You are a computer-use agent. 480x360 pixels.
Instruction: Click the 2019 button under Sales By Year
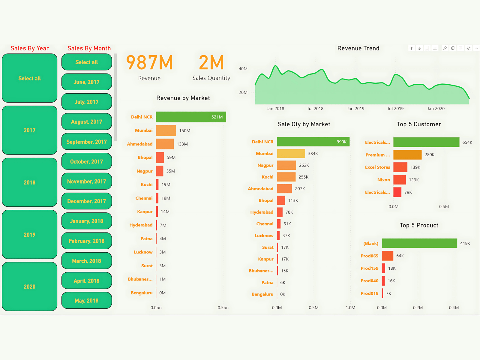tap(29, 234)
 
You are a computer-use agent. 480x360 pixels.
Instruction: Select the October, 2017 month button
tap(86, 161)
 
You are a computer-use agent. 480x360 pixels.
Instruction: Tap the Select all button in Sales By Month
tap(86, 62)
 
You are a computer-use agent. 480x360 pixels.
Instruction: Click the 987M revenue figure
tap(149, 63)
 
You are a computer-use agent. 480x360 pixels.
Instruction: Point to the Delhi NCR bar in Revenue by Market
tap(190, 117)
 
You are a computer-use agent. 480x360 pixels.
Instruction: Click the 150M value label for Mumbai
tap(184, 130)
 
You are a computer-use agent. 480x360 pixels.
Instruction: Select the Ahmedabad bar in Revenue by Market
tap(165, 144)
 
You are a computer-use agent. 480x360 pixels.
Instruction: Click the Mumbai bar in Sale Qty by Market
tap(291, 153)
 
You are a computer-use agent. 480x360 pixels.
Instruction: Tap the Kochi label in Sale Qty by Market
tap(267, 177)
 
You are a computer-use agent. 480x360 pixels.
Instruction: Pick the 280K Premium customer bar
tap(407, 154)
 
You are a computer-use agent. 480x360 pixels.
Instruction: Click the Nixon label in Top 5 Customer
tap(383, 180)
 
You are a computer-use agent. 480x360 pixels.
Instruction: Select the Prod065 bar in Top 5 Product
tap(387, 256)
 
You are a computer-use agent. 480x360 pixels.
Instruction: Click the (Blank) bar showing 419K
tap(419, 243)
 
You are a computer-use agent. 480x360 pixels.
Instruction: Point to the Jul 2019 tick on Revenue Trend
tap(395, 109)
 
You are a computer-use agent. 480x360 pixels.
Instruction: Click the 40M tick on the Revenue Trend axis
tap(243, 69)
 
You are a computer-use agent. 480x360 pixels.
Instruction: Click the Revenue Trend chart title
tap(358, 48)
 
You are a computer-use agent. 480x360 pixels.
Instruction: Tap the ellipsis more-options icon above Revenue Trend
tap(476, 48)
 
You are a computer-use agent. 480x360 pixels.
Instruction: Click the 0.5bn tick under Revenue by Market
tap(223, 307)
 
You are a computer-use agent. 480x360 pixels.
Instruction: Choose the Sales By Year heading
tap(30, 48)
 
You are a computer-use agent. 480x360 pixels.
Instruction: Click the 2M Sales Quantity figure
tap(211, 63)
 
